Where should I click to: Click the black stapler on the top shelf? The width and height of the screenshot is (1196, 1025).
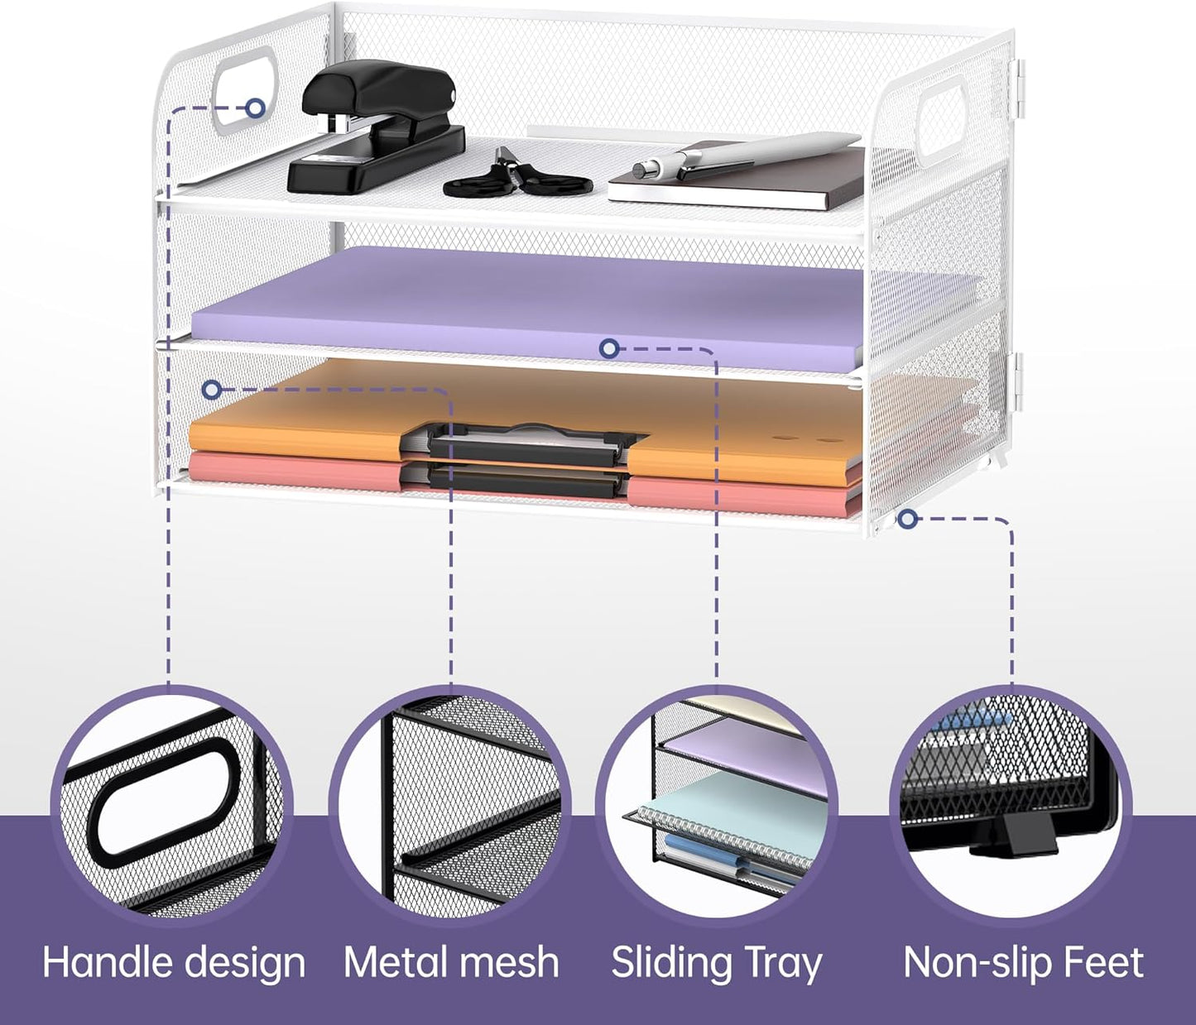[x=376, y=133]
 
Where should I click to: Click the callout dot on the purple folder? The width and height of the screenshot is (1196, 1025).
[x=609, y=348]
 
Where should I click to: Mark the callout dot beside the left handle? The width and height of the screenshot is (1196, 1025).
[x=255, y=108]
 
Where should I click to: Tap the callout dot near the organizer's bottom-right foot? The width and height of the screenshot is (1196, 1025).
[x=909, y=520]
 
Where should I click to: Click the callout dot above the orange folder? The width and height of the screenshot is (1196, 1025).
[x=213, y=390]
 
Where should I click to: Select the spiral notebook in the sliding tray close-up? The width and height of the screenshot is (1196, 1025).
[x=723, y=816]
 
